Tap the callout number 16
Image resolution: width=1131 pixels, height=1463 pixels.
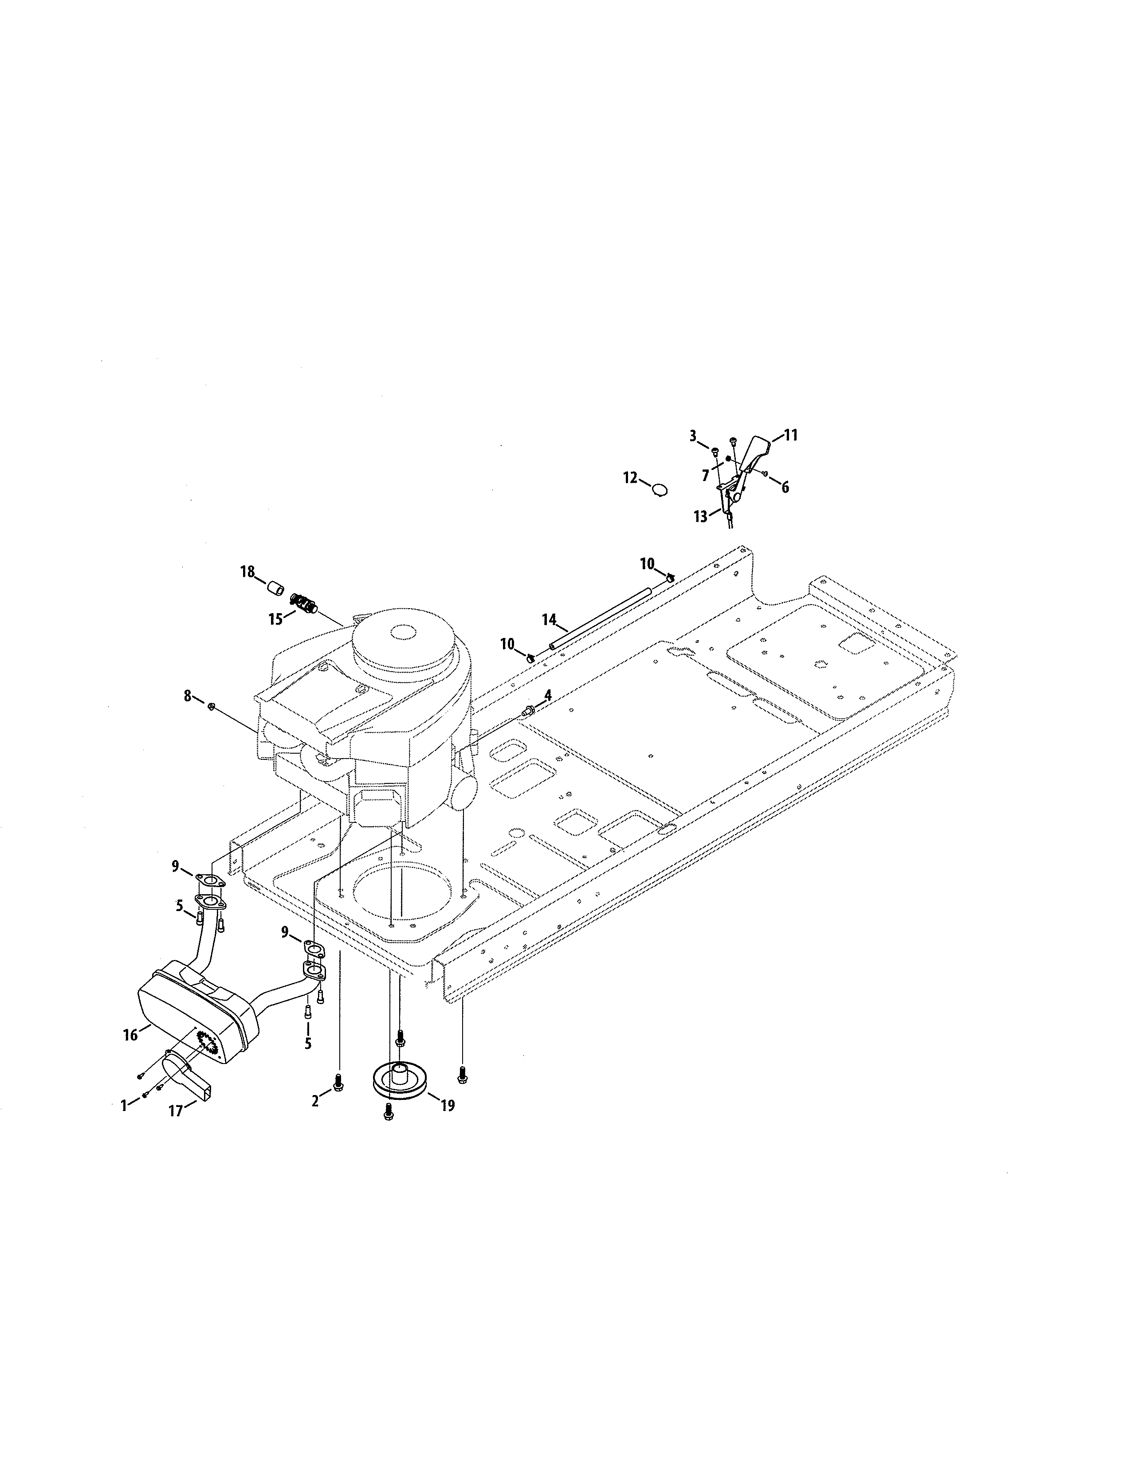pyautogui.click(x=130, y=1035)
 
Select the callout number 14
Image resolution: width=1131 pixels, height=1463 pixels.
pyautogui.click(x=550, y=620)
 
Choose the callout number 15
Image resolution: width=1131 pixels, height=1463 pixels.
pyautogui.click(x=276, y=619)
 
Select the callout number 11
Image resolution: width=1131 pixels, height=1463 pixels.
pyautogui.click(x=791, y=435)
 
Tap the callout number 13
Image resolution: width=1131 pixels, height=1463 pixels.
pyautogui.click(x=700, y=517)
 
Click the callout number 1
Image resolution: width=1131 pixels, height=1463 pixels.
pyautogui.click(x=124, y=1105)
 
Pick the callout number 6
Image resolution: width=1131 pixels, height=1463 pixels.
pyautogui.click(x=785, y=487)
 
